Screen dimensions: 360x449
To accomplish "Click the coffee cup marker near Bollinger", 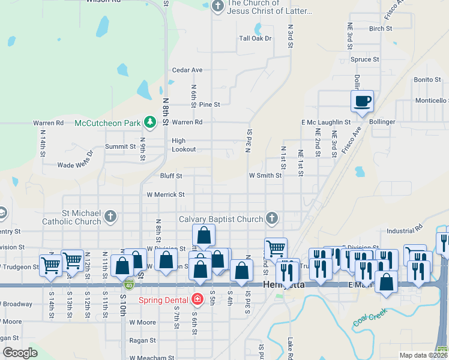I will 362,101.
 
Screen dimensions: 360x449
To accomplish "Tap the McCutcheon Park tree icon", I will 149,123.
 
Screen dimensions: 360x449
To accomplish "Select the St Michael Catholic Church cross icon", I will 110,216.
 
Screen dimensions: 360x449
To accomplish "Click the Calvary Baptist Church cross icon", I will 272,218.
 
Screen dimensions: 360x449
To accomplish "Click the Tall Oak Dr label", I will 256,38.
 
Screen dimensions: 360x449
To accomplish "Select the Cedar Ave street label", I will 187,70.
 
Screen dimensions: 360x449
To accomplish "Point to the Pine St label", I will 209,104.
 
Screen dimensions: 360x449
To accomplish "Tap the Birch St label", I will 381,28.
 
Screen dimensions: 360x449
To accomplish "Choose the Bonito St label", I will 427,80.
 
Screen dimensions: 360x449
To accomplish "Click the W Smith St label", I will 265,176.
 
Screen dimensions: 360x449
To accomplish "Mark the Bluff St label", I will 171,176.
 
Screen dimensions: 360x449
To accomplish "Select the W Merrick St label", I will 166,194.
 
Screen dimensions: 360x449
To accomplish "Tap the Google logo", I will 20,353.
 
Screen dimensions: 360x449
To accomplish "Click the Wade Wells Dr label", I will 76,159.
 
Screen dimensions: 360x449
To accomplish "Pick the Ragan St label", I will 142,340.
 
